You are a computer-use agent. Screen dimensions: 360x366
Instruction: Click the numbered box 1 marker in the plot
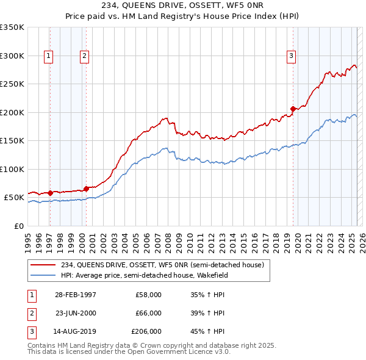point(48,56)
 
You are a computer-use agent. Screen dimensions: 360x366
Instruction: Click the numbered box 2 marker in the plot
point(84,56)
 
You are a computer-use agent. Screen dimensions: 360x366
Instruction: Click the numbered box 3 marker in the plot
point(292,56)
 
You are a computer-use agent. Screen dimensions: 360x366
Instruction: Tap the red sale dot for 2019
point(293,109)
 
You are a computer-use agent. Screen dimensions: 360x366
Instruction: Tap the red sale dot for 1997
point(50,193)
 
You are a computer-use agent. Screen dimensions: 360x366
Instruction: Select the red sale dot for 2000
point(86,188)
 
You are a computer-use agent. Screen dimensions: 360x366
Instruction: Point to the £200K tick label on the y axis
point(12,112)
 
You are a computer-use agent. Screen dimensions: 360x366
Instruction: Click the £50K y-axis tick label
point(14,198)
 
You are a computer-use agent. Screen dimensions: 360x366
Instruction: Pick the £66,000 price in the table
point(148,313)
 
